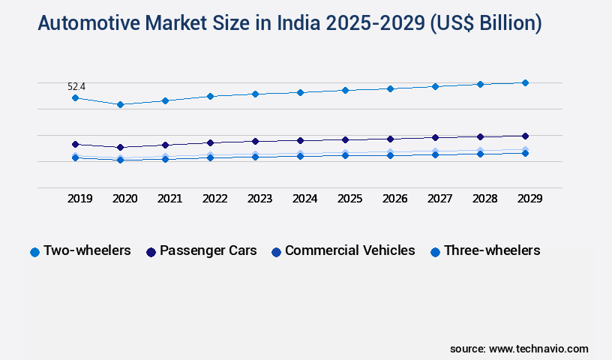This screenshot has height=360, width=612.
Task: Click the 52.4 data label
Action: coord(76,87)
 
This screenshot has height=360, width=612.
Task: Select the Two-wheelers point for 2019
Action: coord(75,98)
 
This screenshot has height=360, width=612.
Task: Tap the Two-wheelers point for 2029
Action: coord(525,82)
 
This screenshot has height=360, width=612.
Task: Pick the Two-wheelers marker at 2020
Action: coord(120,104)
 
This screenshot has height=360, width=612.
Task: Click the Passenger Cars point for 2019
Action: coord(75,144)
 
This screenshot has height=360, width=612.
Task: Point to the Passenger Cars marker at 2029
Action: coord(525,136)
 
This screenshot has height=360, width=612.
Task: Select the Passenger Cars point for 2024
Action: coord(300,140)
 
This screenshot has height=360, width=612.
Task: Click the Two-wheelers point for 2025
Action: coord(345,90)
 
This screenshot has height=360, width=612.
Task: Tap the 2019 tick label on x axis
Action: coord(79,199)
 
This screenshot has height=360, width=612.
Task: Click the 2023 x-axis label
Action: coord(259,199)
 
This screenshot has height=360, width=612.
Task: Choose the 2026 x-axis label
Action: coord(394,199)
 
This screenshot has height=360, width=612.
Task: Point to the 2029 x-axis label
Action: coord(529,199)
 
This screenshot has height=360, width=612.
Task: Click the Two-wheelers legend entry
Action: coord(87,250)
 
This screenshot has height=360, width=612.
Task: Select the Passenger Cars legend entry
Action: coord(208,250)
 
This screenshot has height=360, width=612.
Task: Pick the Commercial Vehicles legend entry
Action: coord(349,250)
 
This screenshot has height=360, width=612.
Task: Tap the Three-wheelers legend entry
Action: coord(491,250)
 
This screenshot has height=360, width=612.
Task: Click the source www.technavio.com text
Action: coord(519,349)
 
